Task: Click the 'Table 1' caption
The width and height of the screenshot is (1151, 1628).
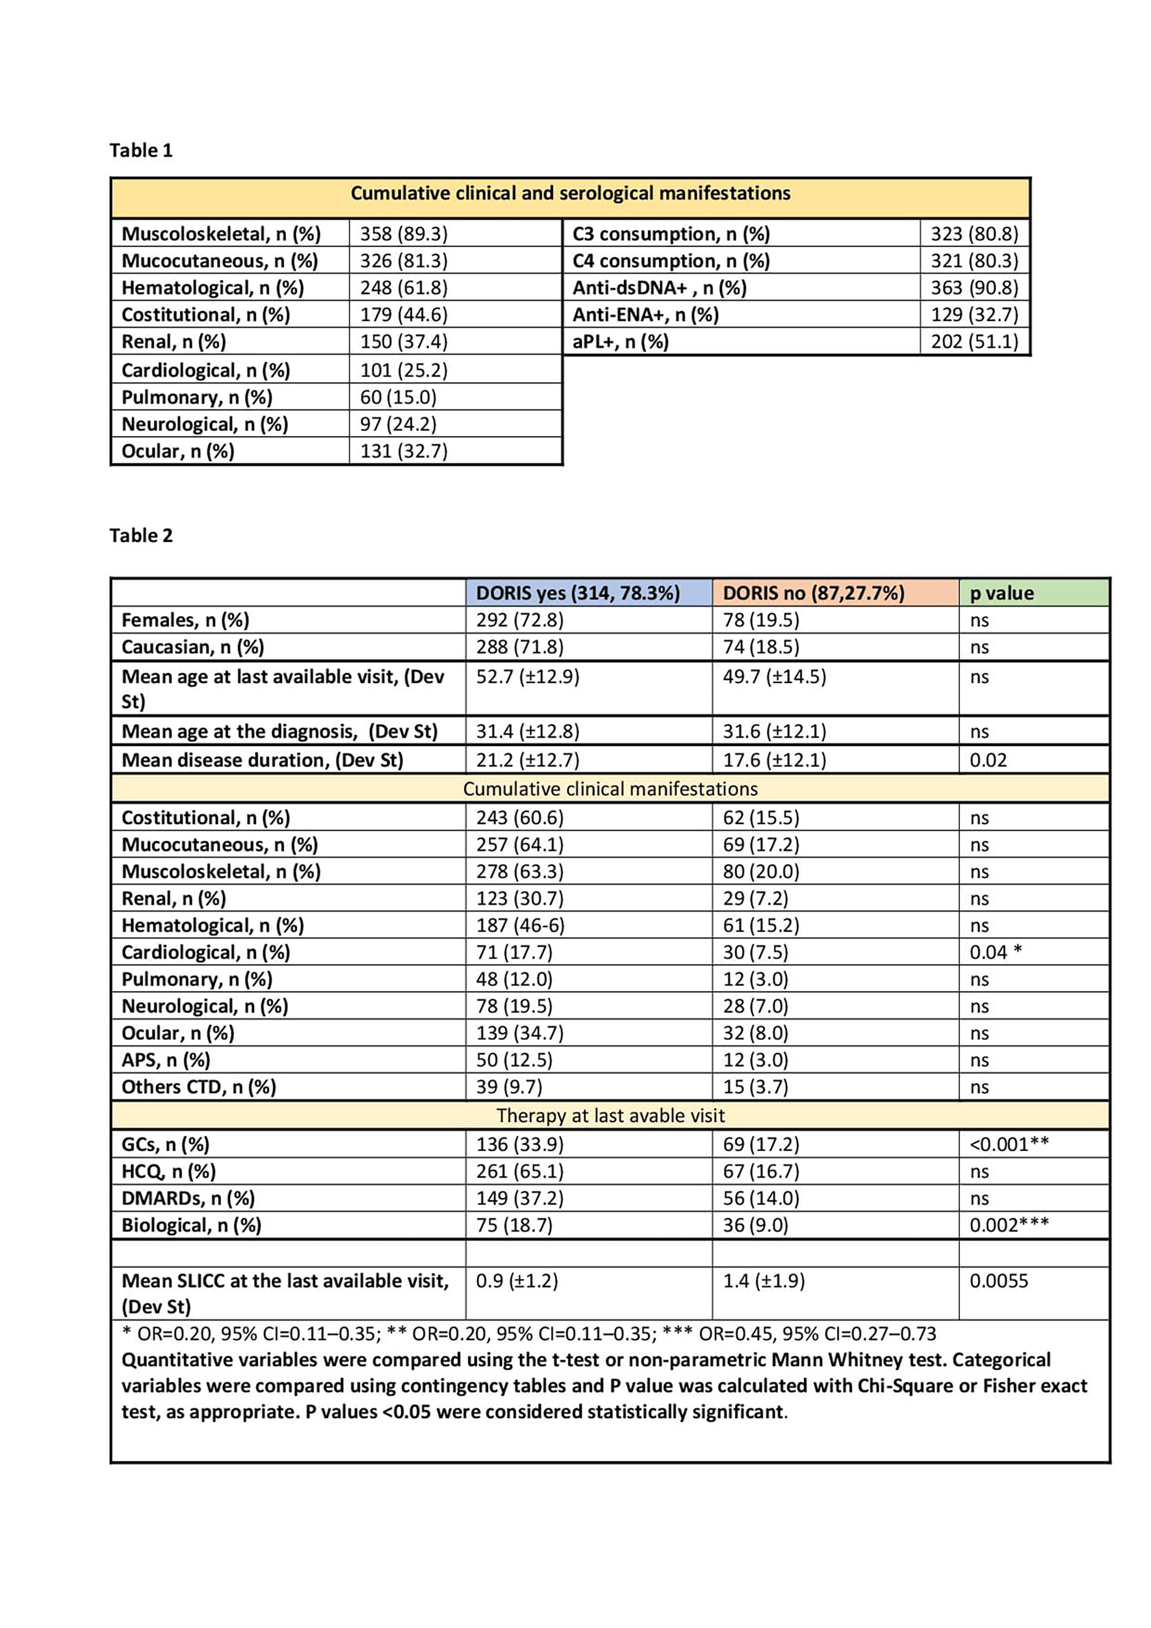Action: (x=140, y=150)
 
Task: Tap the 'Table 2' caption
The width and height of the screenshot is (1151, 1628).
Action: (x=140, y=535)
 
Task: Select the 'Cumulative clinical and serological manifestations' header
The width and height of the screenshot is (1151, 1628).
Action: (x=570, y=193)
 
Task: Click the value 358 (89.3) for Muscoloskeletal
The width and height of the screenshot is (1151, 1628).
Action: (x=403, y=234)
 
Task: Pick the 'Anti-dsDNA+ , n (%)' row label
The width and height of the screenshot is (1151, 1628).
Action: (x=660, y=288)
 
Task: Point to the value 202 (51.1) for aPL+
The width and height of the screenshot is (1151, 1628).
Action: (x=974, y=342)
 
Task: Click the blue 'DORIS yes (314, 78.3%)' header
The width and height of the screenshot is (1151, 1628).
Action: (x=577, y=593)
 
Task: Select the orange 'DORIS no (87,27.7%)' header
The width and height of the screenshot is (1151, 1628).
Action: (x=813, y=593)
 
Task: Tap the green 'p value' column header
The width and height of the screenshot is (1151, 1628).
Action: (x=1001, y=593)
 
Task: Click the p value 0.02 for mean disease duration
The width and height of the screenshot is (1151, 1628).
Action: (x=988, y=760)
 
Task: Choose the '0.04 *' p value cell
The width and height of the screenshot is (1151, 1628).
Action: (x=995, y=952)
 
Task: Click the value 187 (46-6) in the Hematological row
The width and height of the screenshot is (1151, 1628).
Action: (x=520, y=925)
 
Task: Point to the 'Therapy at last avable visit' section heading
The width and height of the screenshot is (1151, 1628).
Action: (x=610, y=1115)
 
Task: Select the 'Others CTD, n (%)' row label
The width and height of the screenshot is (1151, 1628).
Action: (x=199, y=1087)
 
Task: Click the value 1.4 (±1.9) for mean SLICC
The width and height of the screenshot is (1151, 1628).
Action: (x=764, y=1281)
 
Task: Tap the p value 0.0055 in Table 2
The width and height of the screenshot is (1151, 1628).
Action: (x=998, y=1281)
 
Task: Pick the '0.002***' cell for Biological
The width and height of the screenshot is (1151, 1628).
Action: (x=1008, y=1225)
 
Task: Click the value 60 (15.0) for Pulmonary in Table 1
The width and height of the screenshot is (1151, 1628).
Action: (x=398, y=397)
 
